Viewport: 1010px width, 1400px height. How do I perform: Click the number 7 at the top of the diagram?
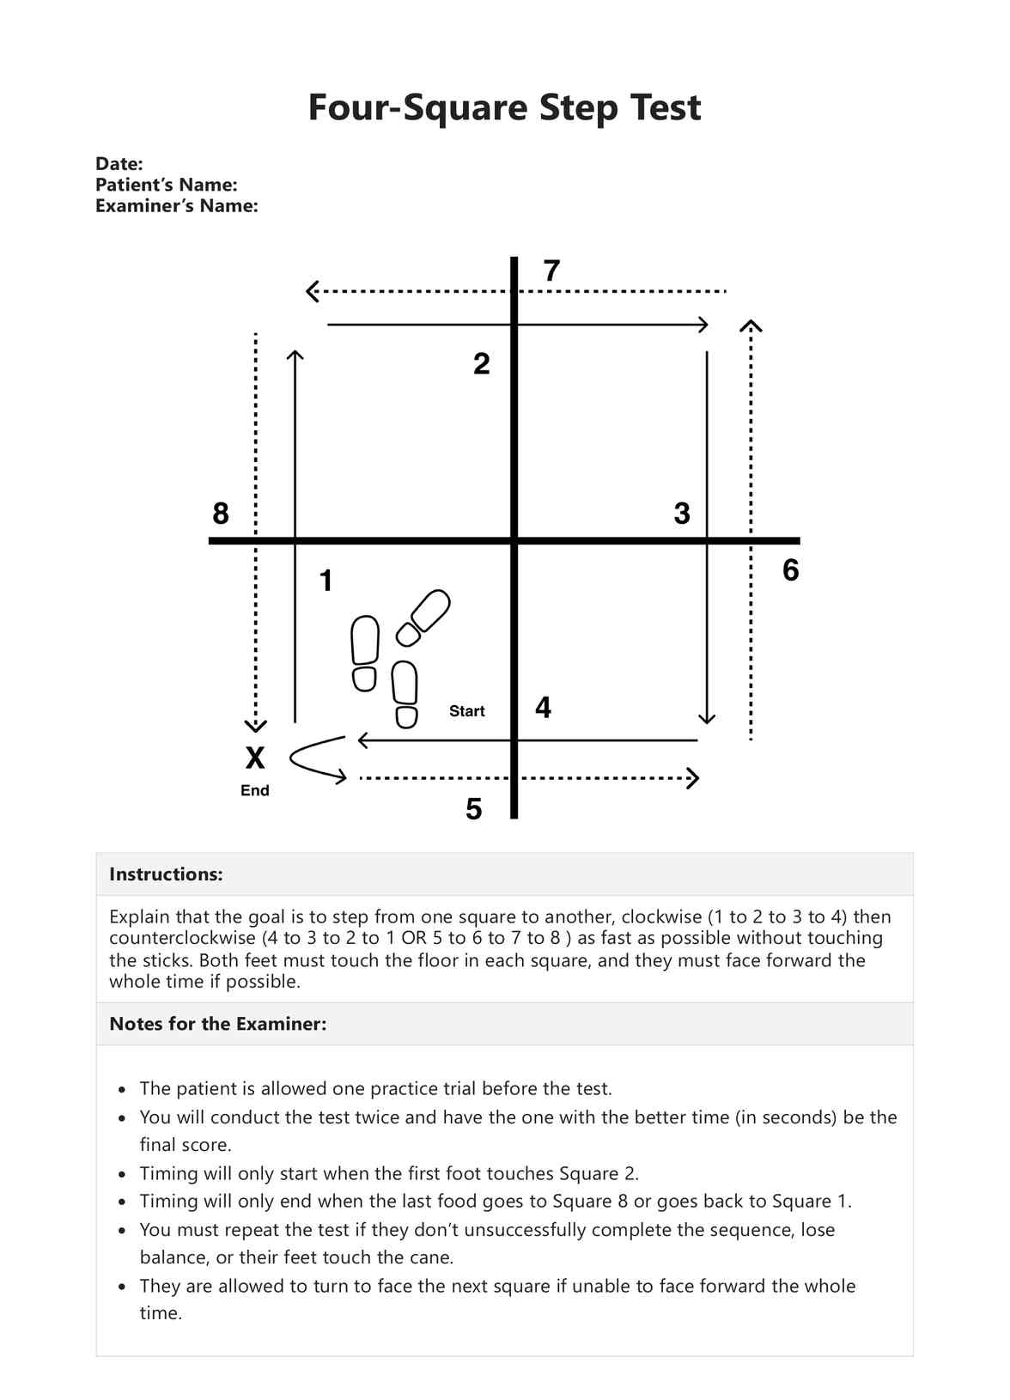551,271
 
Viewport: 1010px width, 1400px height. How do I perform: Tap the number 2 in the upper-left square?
482,364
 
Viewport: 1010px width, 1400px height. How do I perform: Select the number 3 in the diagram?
682,514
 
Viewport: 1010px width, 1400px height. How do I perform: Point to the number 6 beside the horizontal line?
790,570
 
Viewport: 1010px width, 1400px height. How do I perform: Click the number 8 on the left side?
221,514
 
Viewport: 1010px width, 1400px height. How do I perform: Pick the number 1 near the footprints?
326,581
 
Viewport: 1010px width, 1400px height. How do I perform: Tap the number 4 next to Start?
543,708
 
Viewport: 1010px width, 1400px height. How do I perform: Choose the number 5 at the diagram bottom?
473,809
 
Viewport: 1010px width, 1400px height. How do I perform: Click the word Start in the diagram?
466,711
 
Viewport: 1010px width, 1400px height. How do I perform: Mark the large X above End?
255,758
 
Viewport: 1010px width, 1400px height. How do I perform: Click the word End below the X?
255,790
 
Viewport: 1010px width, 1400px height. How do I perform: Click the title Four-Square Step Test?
504,108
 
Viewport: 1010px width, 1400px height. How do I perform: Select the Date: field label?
119,164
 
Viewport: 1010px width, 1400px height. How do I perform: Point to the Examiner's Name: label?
176,206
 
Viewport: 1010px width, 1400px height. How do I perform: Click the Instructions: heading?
166,874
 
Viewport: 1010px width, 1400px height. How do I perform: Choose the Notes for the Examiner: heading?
217,1024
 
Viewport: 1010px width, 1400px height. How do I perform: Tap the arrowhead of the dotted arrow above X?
255,726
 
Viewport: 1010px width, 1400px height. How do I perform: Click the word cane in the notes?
430,1257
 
